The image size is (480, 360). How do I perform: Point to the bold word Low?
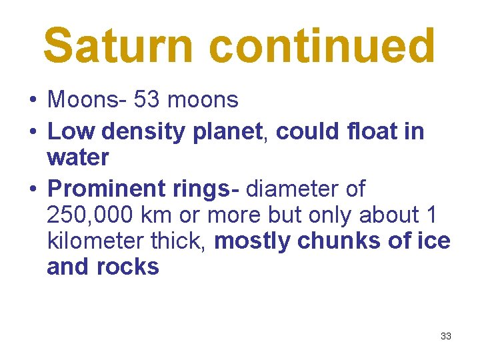coord(71,132)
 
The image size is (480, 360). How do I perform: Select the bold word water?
coord(78,158)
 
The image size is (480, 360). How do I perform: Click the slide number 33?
coord(446,336)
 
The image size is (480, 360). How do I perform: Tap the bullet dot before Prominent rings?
coord(32,190)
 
